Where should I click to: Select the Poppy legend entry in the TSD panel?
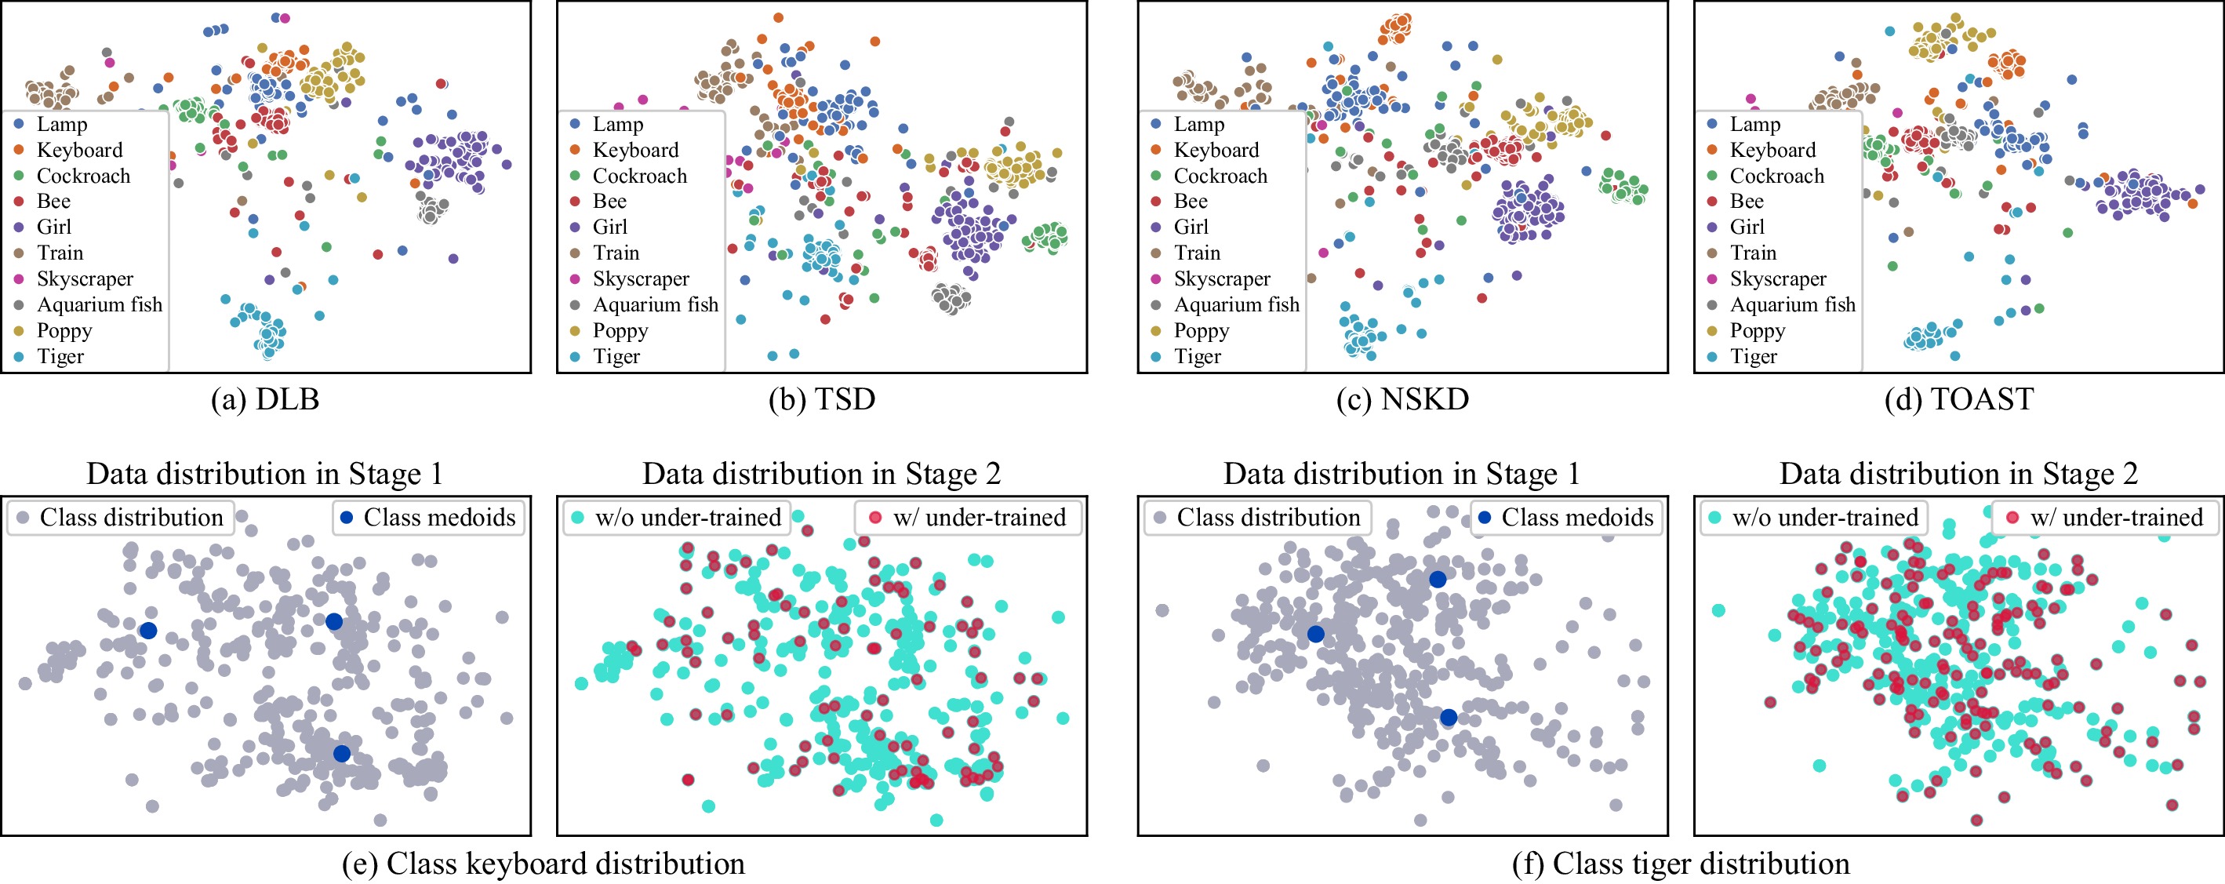[609, 330]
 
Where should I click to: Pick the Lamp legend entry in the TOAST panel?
[1743, 124]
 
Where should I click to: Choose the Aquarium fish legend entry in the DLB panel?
[88, 304]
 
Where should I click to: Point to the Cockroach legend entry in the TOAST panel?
[1765, 176]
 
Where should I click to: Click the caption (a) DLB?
[265, 399]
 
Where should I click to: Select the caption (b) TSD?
[821, 399]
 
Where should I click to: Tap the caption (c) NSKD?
[1403, 399]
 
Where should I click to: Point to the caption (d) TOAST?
[1959, 399]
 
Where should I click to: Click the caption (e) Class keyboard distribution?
[544, 864]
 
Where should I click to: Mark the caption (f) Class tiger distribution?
[1681, 864]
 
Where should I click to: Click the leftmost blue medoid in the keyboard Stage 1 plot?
[148, 631]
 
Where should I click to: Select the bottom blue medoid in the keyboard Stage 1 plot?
[342, 754]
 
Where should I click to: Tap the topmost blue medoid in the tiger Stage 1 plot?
[1438, 580]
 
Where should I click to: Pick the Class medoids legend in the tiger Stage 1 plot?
[1567, 518]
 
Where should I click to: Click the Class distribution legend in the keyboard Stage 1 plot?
[121, 518]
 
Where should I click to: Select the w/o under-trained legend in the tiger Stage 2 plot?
[1815, 518]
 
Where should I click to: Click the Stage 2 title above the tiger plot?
[1959, 474]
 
